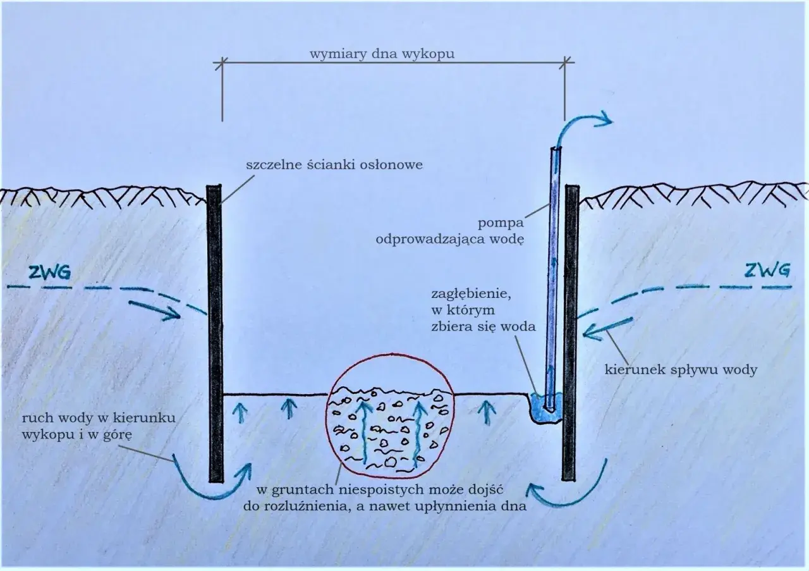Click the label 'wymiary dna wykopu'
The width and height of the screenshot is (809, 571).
click(x=382, y=54)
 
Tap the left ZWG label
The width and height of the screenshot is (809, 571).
click(x=50, y=272)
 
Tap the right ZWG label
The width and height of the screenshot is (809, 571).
click(x=767, y=270)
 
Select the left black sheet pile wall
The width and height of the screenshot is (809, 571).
click(x=216, y=333)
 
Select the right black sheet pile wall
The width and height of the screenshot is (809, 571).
click(x=571, y=333)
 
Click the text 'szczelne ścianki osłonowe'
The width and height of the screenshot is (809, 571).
click(x=334, y=165)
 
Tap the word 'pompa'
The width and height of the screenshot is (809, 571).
click(x=501, y=223)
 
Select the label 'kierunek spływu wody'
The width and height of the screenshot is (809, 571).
click(x=681, y=370)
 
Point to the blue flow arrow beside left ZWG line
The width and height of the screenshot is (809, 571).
click(x=155, y=310)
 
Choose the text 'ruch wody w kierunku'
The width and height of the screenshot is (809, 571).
click(x=99, y=418)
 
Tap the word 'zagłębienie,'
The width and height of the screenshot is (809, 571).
click(x=471, y=294)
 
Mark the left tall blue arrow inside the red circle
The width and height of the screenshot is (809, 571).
click(x=365, y=433)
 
